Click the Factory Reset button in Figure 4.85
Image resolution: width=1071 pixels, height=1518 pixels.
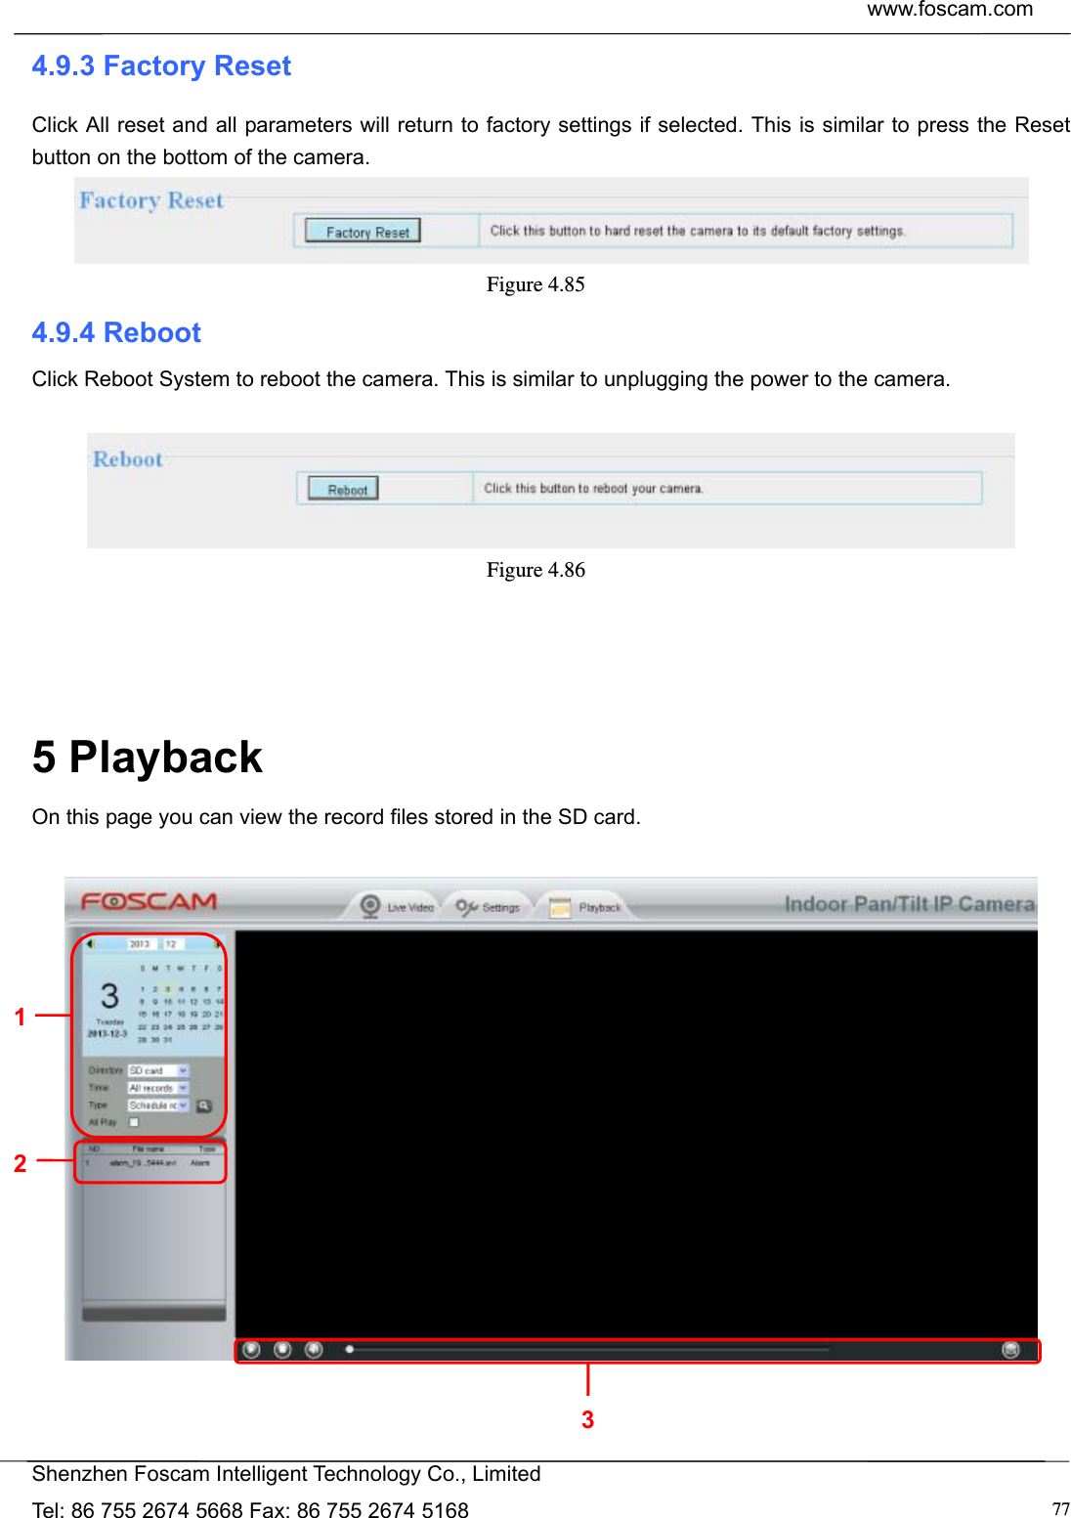[364, 232]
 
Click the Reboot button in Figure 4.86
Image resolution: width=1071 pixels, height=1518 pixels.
[343, 489]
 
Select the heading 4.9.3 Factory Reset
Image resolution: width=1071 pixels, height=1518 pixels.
[161, 65]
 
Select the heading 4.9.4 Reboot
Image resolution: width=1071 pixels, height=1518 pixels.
[116, 332]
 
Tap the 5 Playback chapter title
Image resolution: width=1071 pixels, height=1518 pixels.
[147, 758]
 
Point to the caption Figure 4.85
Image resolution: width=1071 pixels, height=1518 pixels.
[535, 284]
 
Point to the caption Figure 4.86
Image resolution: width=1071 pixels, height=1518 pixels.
[535, 570]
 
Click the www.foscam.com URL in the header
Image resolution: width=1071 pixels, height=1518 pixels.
[949, 10]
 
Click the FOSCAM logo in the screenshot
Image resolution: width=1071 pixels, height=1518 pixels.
[149, 901]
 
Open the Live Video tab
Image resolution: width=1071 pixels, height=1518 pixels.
[398, 907]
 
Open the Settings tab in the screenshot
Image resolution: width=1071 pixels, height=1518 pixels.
[489, 907]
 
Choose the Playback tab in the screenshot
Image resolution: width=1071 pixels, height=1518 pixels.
[586, 907]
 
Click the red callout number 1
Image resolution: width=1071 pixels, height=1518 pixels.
[20, 1017]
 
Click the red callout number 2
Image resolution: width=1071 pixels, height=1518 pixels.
[20, 1163]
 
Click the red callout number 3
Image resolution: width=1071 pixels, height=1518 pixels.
[587, 1419]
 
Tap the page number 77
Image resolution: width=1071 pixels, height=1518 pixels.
[1060, 1509]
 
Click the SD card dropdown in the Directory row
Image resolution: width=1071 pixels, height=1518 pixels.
[157, 1070]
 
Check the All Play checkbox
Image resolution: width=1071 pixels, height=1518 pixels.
[134, 1122]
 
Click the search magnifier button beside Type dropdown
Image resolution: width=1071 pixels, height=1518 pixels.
[204, 1106]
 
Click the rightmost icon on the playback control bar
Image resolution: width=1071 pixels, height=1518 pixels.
[1010, 1350]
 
